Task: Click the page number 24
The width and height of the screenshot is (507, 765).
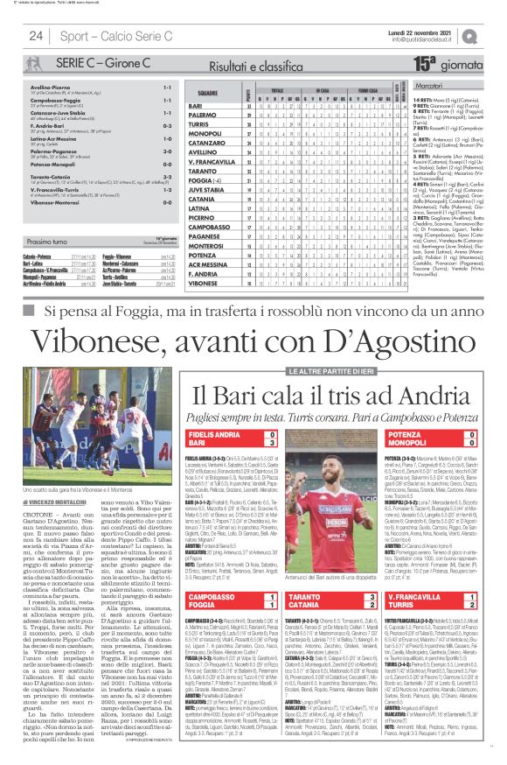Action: coord(37,36)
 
